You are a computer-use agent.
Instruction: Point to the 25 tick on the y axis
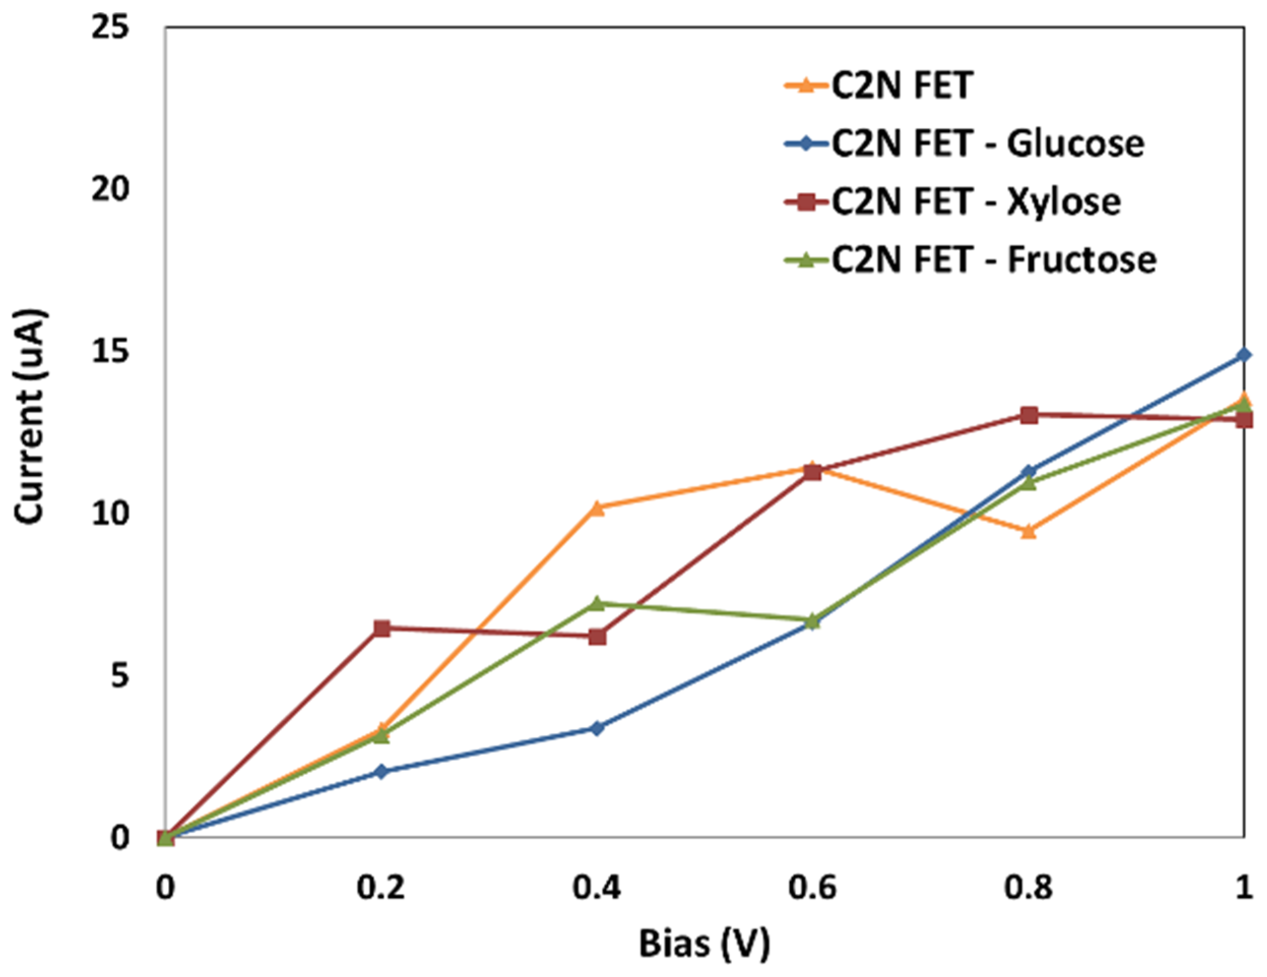110,28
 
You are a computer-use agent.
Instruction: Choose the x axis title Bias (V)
704,943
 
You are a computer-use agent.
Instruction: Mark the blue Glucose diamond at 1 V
1243,354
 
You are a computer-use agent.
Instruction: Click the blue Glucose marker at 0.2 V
381,772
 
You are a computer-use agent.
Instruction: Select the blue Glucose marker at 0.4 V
597,728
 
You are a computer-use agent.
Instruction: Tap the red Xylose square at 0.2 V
381,628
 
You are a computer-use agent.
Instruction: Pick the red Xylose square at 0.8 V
1028,415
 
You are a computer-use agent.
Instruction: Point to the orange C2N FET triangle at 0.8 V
1028,531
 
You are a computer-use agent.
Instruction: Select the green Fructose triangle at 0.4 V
597,603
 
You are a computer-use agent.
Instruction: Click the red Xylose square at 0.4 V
597,637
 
